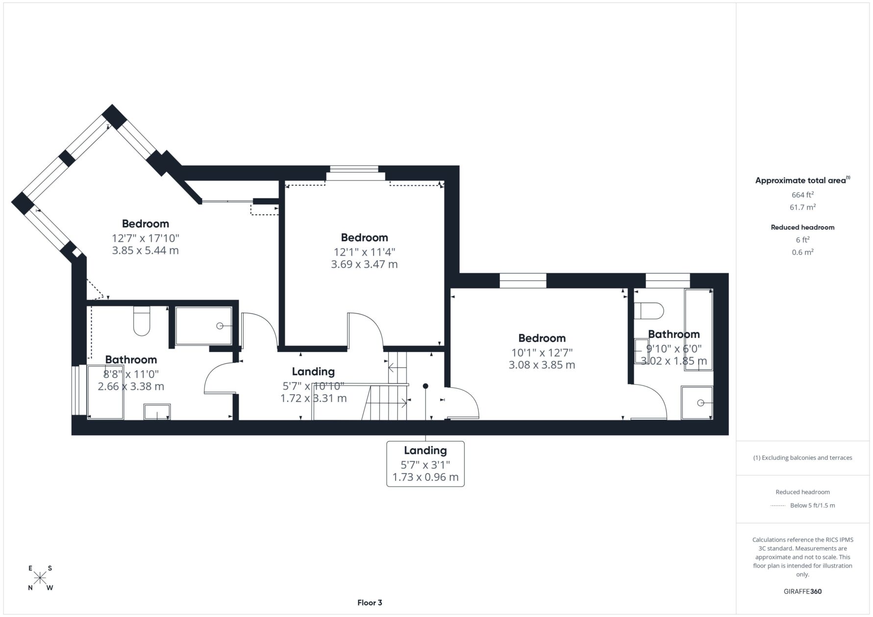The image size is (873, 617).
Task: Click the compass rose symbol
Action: (x=40, y=578)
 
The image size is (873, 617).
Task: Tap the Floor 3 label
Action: (x=370, y=603)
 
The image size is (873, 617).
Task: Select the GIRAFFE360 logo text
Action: (x=802, y=591)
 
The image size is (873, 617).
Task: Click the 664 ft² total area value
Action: (x=802, y=194)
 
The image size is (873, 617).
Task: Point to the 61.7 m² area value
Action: (x=802, y=207)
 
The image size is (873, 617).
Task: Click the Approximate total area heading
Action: (x=802, y=180)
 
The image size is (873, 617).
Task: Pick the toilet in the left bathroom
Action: (x=142, y=321)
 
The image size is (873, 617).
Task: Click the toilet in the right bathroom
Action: (x=649, y=310)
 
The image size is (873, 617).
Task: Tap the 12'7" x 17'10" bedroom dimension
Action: (x=146, y=238)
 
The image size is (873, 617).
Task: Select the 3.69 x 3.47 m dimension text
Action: (x=364, y=264)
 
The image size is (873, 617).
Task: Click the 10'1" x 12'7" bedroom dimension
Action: (x=542, y=353)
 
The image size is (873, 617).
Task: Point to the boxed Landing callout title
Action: (x=425, y=451)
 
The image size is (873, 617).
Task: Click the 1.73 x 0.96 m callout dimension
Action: (x=425, y=477)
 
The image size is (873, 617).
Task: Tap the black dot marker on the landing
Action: (x=425, y=386)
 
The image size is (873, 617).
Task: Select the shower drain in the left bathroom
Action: (x=220, y=326)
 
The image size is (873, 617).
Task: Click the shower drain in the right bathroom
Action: (x=700, y=403)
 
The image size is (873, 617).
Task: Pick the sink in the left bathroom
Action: (x=157, y=412)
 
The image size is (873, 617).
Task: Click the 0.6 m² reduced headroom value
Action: (x=802, y=252)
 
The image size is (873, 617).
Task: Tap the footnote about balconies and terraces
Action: (x=802, y=458)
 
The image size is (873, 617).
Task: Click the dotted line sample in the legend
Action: (x=778, y=505)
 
